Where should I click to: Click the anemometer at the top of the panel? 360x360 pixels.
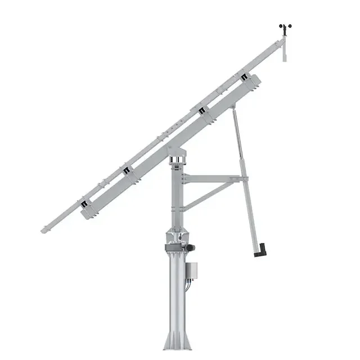click(x=285, y=28)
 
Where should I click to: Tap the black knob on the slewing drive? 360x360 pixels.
click(x=191, y=247)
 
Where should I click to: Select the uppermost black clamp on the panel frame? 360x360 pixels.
click(x=244, y=76)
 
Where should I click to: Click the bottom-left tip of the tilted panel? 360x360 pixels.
click(x=44, y=230)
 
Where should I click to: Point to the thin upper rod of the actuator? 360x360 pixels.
click(x=237, y=135)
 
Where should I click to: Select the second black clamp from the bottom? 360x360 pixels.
click(x=127, y=170)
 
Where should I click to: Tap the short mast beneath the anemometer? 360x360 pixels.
click(x=285, y=48)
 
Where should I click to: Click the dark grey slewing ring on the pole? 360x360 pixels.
click(x=175, y=247)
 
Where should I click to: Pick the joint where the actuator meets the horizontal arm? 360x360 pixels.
click(x=245, y=179)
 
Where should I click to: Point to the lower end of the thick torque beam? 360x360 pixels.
click(x=87, y=213)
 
